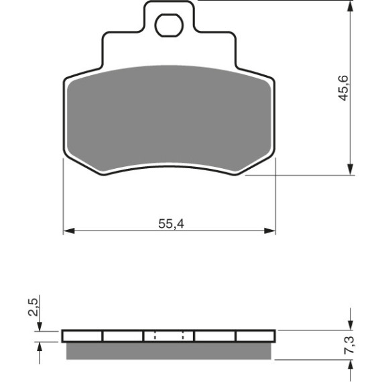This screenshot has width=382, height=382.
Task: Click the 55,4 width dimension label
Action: click(x=171, y=224)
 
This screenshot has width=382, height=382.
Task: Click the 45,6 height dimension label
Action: click(x=344, y=88)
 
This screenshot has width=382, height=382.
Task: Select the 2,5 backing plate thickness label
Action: click(x=33, y=307)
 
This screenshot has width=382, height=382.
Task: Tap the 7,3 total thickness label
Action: click(x=351, y=345)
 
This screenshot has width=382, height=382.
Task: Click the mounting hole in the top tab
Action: click(x=169, y=25)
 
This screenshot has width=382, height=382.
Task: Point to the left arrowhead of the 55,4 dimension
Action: click(x=69, y=231)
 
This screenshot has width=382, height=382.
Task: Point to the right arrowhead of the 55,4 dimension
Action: click(x=269, y=231)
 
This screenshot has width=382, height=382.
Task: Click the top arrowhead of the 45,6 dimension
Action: click(x=350, y=6)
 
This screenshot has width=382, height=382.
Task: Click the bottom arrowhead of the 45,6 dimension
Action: click(x=350, y=170)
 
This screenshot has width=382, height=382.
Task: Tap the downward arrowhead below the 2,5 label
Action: click(x=40, y=326)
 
